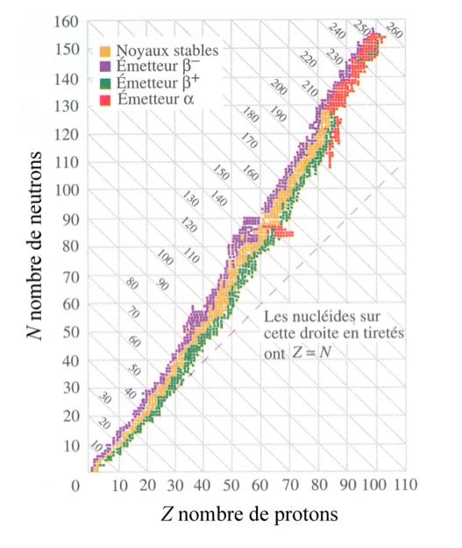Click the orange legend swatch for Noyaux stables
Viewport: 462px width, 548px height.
tap(105, 51)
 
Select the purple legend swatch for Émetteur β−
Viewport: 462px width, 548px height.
tap(105, 67)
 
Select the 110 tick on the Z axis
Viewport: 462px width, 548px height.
tap(403, 483)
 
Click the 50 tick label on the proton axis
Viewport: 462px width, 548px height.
tap(231, 483)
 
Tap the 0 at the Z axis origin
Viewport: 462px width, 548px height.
tap(77, 483)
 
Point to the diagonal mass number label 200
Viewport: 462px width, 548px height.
tap(279, 89)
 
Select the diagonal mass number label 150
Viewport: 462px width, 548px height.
tap(220, 172)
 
